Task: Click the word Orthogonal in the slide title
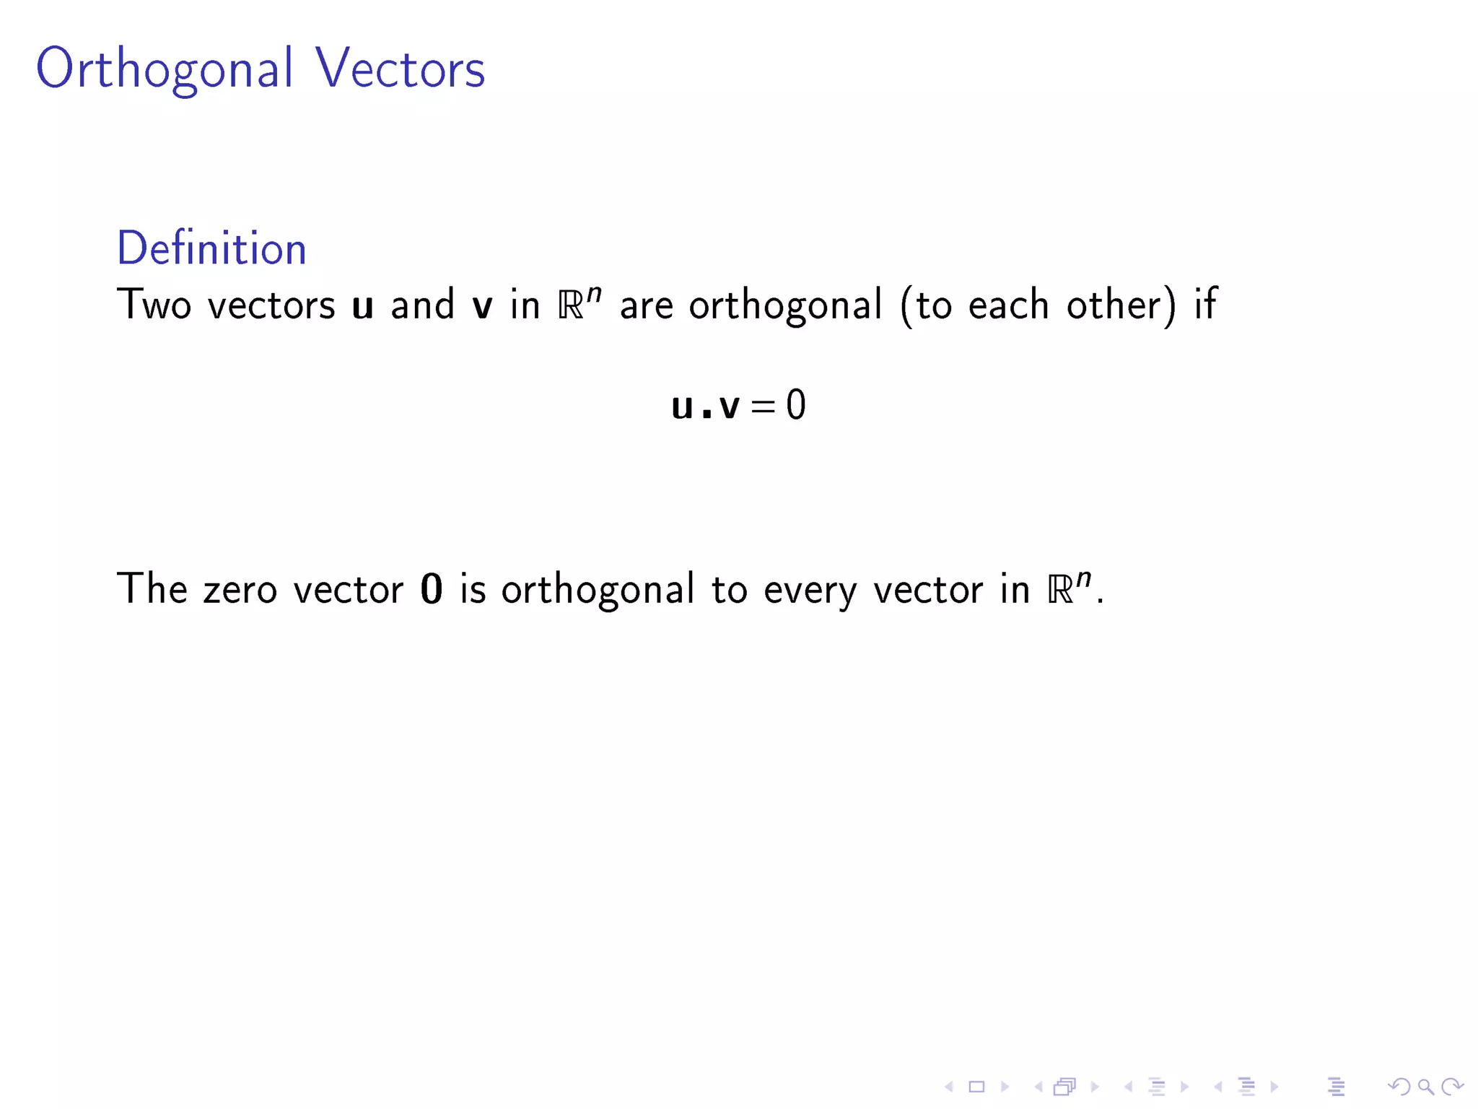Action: pyautogui.click(x=165, y=69)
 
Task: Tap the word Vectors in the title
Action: pyautogui.click(x=400, y=69)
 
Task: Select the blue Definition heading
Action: pyautogui.click(x=211, y=248)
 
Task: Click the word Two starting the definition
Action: pyautogui.click(x=154, y=305)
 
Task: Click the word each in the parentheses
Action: pyautogui.click(x=1007, y=305)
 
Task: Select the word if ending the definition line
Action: pyautogui.click(x=1205, y=305)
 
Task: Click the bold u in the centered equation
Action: pyautogui.click(x=682, y=406)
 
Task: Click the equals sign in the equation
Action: pyautogui.click(x=762, y=406)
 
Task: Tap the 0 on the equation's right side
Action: pyautogui.click(x=795, y=405)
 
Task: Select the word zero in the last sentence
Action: pyautogui.click(x=240, y=590)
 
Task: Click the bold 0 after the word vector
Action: pyautogui.click(x=431, y=589)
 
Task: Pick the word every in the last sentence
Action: pyautogui.click(x=810, y=591)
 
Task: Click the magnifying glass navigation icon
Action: pyautogui.click(x=1425, y=1086)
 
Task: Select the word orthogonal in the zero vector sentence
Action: pyautogui.click(x=598, y=591)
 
